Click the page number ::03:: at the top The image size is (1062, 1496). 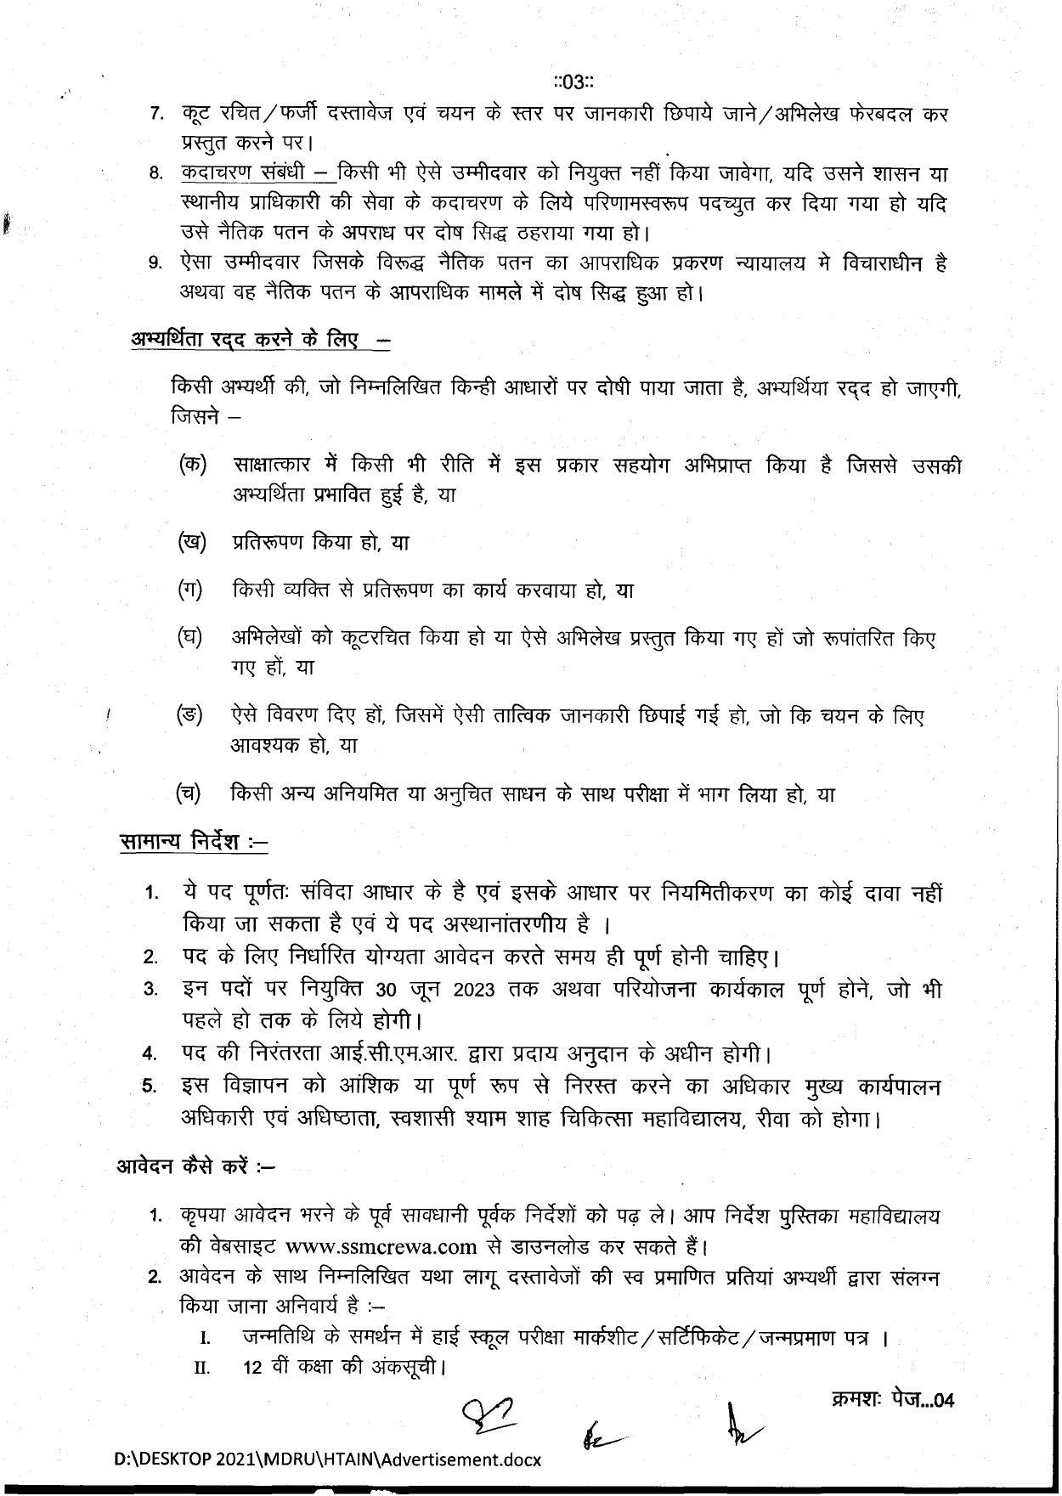[x=572, y=82]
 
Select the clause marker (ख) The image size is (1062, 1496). [x=192, y=541]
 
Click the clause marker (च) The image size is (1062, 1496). [x=189, y=793]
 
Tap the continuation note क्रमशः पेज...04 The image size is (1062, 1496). [x=891, y=1399]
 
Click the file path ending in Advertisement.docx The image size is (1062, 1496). [x=328, y=1459]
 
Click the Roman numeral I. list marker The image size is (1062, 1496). [x=205, y=1338]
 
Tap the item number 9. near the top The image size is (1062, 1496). [x=155, y=263]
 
